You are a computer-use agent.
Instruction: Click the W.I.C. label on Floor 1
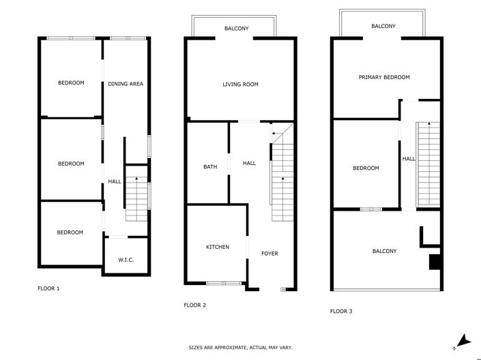(x=125, y=259)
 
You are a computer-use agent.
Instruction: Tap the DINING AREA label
(x=126, y=84)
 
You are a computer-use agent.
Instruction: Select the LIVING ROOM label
(x=240, y=85)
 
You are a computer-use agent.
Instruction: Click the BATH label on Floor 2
(x=210, y=166)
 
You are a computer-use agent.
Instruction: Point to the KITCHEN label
(x=218, y=247)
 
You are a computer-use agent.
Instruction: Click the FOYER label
(x=269, y=254)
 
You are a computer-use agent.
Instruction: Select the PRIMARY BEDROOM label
(x=384, y=78)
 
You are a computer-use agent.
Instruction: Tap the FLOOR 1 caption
(x=48, y=288)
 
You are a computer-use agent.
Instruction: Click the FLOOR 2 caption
(x=195, y=305)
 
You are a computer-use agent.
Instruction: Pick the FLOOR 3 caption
(x=341, y=311)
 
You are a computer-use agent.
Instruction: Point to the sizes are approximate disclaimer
(x=240, y=347)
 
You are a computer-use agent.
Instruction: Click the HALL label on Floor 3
(x=408, y=159)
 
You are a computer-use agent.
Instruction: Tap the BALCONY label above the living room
(x=236, y=28)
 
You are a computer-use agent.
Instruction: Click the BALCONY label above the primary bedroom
(x=383, y=26)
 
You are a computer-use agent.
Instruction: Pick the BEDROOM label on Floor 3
(x=365, y=168)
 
